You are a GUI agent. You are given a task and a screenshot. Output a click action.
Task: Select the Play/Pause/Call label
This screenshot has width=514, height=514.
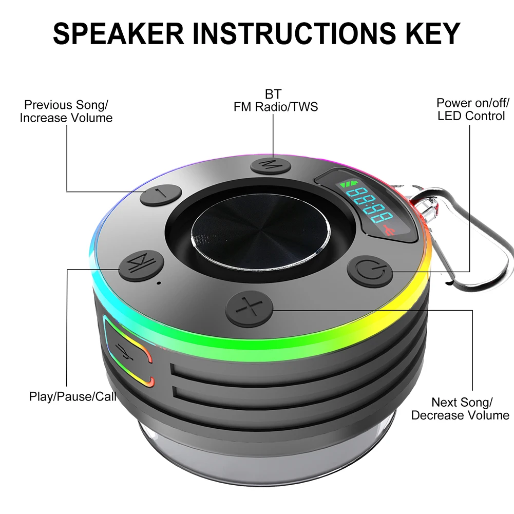point(72,396)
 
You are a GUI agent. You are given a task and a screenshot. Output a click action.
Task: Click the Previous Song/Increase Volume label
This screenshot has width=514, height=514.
point(66,111)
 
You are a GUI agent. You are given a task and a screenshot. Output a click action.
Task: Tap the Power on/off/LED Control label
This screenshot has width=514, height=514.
point(471,109)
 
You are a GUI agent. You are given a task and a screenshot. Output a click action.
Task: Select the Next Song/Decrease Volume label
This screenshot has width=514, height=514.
point(461,409)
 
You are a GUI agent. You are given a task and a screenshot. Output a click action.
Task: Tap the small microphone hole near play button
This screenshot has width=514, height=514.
point(159,283)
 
